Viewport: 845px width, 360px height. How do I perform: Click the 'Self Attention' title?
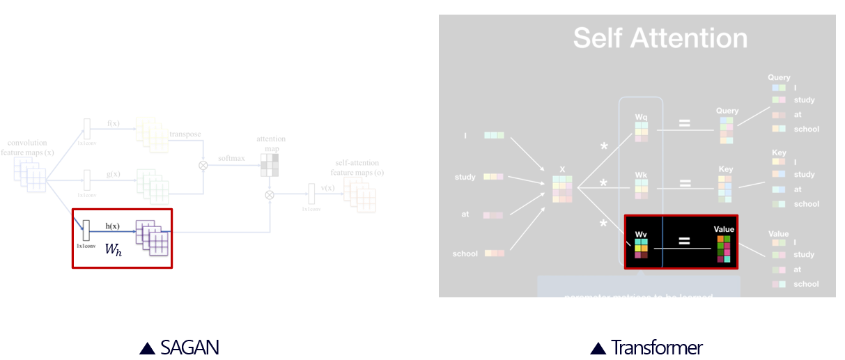pos(660,38)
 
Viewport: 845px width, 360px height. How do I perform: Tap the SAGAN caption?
pos(189,347)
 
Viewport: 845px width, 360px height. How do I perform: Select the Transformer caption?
pos(657,347)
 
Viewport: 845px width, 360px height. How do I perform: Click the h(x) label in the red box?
pos(112,226)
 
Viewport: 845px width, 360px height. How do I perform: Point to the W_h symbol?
pos(113,249)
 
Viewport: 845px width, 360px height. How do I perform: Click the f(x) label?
pos(113,123)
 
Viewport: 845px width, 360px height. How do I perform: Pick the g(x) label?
pos(113,174)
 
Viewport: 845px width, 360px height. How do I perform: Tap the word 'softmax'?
pos(231,158)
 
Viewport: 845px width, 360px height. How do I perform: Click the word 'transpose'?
pos(185,134)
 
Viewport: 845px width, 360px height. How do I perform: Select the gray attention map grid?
pos(269,164)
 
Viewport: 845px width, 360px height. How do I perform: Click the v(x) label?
pos(327,187)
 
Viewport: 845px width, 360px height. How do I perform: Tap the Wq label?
pos(641,117)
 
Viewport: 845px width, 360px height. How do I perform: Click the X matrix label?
pos(562,169)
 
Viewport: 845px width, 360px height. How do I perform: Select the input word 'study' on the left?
pos(465,177)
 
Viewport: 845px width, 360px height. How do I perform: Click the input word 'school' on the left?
pos(465,253)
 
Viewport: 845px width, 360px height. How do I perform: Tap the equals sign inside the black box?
pos(684,241)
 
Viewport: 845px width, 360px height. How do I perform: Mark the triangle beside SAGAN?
pos(147,348)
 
